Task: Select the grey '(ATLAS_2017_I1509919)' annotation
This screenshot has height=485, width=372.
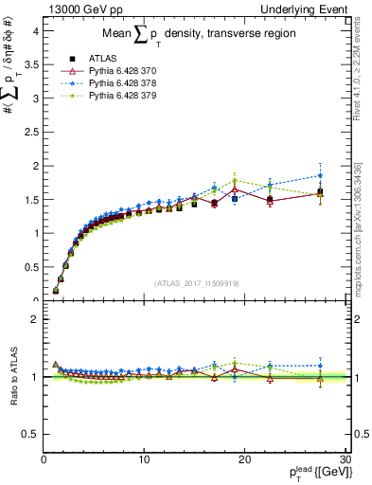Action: [x=196, y=282]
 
